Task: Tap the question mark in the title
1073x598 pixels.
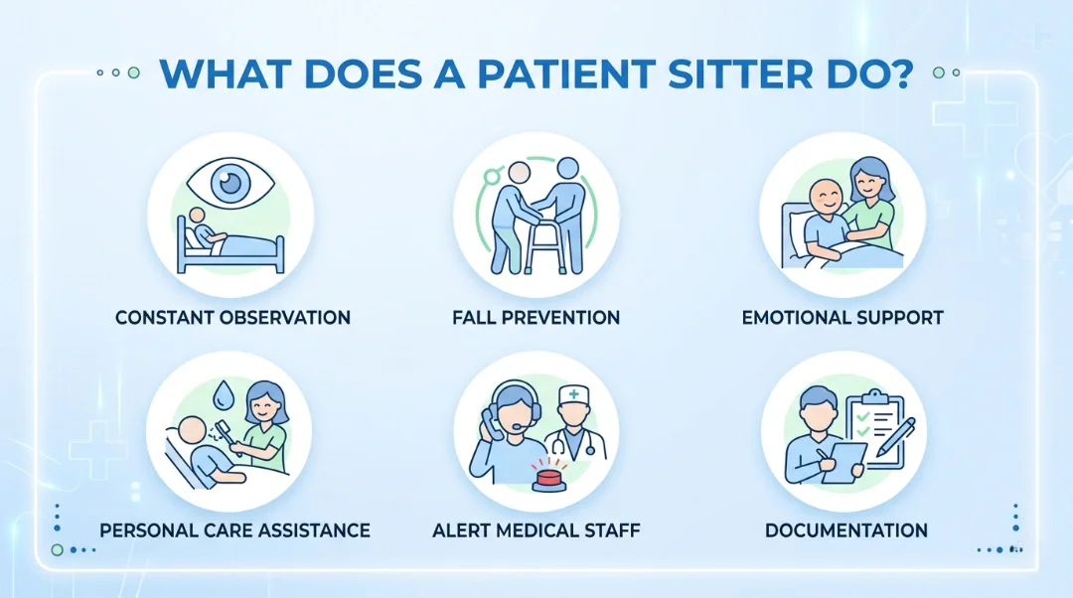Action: [900, 75]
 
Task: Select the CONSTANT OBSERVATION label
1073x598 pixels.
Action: [232, 318]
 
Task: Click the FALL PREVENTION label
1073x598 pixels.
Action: [536, 318]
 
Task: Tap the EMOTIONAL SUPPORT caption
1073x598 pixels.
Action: [843, 318]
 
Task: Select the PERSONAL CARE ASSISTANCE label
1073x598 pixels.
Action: [234, 530]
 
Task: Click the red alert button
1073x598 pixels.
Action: [547, 481]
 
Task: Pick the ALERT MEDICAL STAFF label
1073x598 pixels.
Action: [536, 530]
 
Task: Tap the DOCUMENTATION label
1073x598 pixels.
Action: [846, 530]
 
